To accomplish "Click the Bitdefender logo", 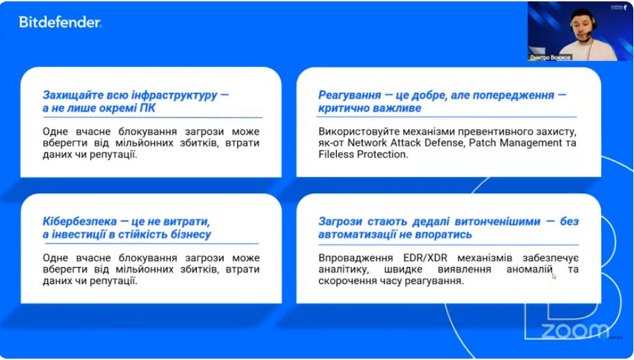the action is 60,23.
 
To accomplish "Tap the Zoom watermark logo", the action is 575,331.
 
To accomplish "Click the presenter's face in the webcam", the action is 581,27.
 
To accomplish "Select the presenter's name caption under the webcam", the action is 549,57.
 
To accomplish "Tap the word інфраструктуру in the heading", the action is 175,96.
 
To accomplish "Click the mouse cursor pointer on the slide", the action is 554,276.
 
